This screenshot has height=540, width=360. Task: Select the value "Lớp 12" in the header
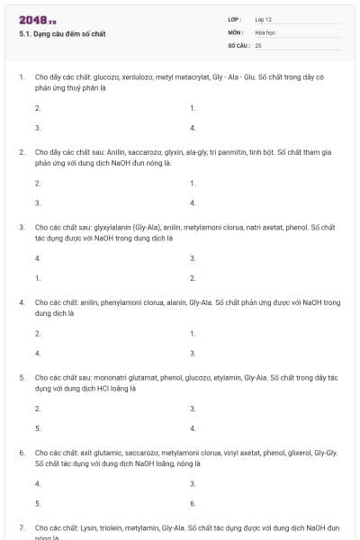pos(264,19)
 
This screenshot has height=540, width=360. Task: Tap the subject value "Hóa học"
pos(265,31)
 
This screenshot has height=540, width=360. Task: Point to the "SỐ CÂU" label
pos(238,44)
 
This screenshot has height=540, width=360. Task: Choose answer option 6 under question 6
pos(193,503)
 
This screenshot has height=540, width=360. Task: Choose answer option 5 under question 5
pos(38,428)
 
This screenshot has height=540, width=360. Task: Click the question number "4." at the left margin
pos(22,303)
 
